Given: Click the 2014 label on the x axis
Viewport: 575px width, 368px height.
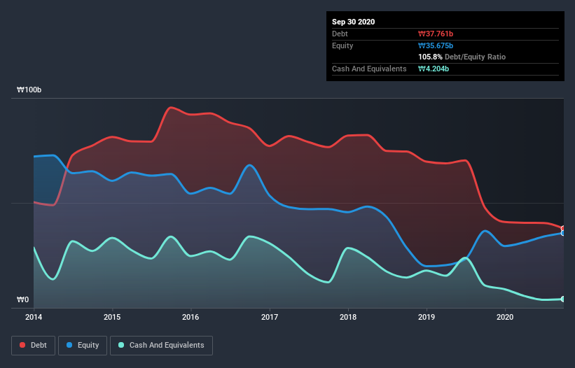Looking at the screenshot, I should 34,317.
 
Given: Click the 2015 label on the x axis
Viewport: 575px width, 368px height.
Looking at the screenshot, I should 112,317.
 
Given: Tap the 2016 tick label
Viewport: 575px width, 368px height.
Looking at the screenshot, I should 190,317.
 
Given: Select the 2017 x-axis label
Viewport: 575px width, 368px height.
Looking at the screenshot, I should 269,317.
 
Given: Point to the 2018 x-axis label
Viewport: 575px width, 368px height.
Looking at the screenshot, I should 348,317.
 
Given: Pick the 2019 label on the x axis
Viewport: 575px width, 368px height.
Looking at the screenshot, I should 427,317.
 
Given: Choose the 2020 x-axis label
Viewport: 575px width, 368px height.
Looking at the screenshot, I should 505,317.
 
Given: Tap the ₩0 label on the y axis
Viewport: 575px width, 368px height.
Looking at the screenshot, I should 23,300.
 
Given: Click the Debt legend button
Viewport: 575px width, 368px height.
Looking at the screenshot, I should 34,345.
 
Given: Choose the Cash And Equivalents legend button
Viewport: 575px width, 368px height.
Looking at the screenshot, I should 161,345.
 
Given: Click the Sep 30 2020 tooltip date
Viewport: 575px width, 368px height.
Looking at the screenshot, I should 353,22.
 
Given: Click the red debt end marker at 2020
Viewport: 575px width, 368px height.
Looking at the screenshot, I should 563,229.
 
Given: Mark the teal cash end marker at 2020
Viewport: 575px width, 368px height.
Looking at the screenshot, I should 563,299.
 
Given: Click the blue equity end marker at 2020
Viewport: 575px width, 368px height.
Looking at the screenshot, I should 563,233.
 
